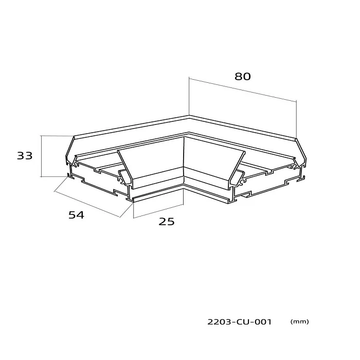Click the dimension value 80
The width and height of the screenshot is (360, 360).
pos(242,77)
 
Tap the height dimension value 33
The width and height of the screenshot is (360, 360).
pos(25,156)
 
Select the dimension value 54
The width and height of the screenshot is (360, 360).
pos(77,215)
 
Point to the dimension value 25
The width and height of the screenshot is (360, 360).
pos(167,222)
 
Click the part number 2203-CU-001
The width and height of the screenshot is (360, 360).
pos(240,322)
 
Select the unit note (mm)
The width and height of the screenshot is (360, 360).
pos(300,321)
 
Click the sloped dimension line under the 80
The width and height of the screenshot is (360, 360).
pos(242,90)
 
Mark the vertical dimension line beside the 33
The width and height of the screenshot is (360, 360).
pos(41,156)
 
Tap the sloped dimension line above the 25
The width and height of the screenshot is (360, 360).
pos(158,211)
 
